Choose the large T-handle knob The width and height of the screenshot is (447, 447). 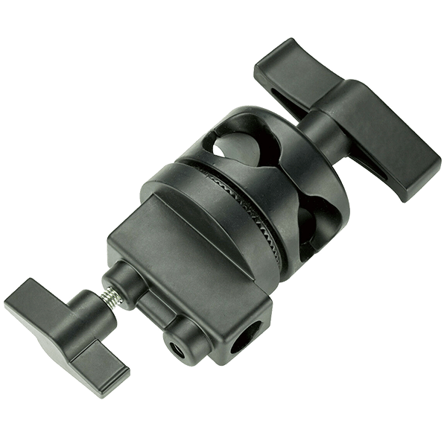coord(343,123)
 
